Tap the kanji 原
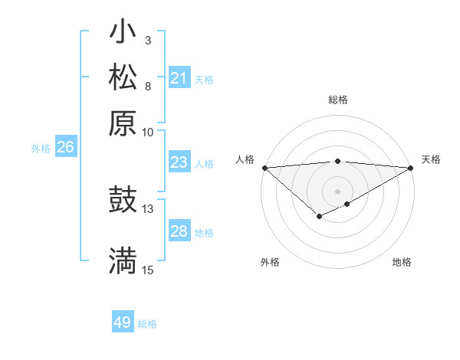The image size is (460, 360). (x=123, y=123)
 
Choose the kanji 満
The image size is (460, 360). (x=123, y=260)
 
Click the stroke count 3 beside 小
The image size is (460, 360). (x=147, y=40)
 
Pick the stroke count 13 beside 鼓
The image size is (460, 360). (x=148, y=208)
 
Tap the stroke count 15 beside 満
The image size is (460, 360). (x=148, y=270)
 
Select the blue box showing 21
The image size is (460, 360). (x=179, y=78)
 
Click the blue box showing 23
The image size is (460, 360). (x=179, y=162)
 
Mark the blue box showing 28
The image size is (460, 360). (x=179, y=231)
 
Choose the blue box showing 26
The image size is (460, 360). (x=65, y=148)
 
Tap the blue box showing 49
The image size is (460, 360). (x=122, y=322)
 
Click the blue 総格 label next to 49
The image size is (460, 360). (x=147, y=324)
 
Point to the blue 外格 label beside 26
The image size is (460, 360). (x=41, y=149)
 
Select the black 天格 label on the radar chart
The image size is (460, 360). (x=431, y=159)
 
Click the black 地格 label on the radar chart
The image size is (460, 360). (x=402, y=262)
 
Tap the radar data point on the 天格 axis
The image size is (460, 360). (x=411, y=168)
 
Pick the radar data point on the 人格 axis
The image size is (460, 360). (x=264, y=168)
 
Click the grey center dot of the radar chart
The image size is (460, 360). (x=337, y=191)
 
